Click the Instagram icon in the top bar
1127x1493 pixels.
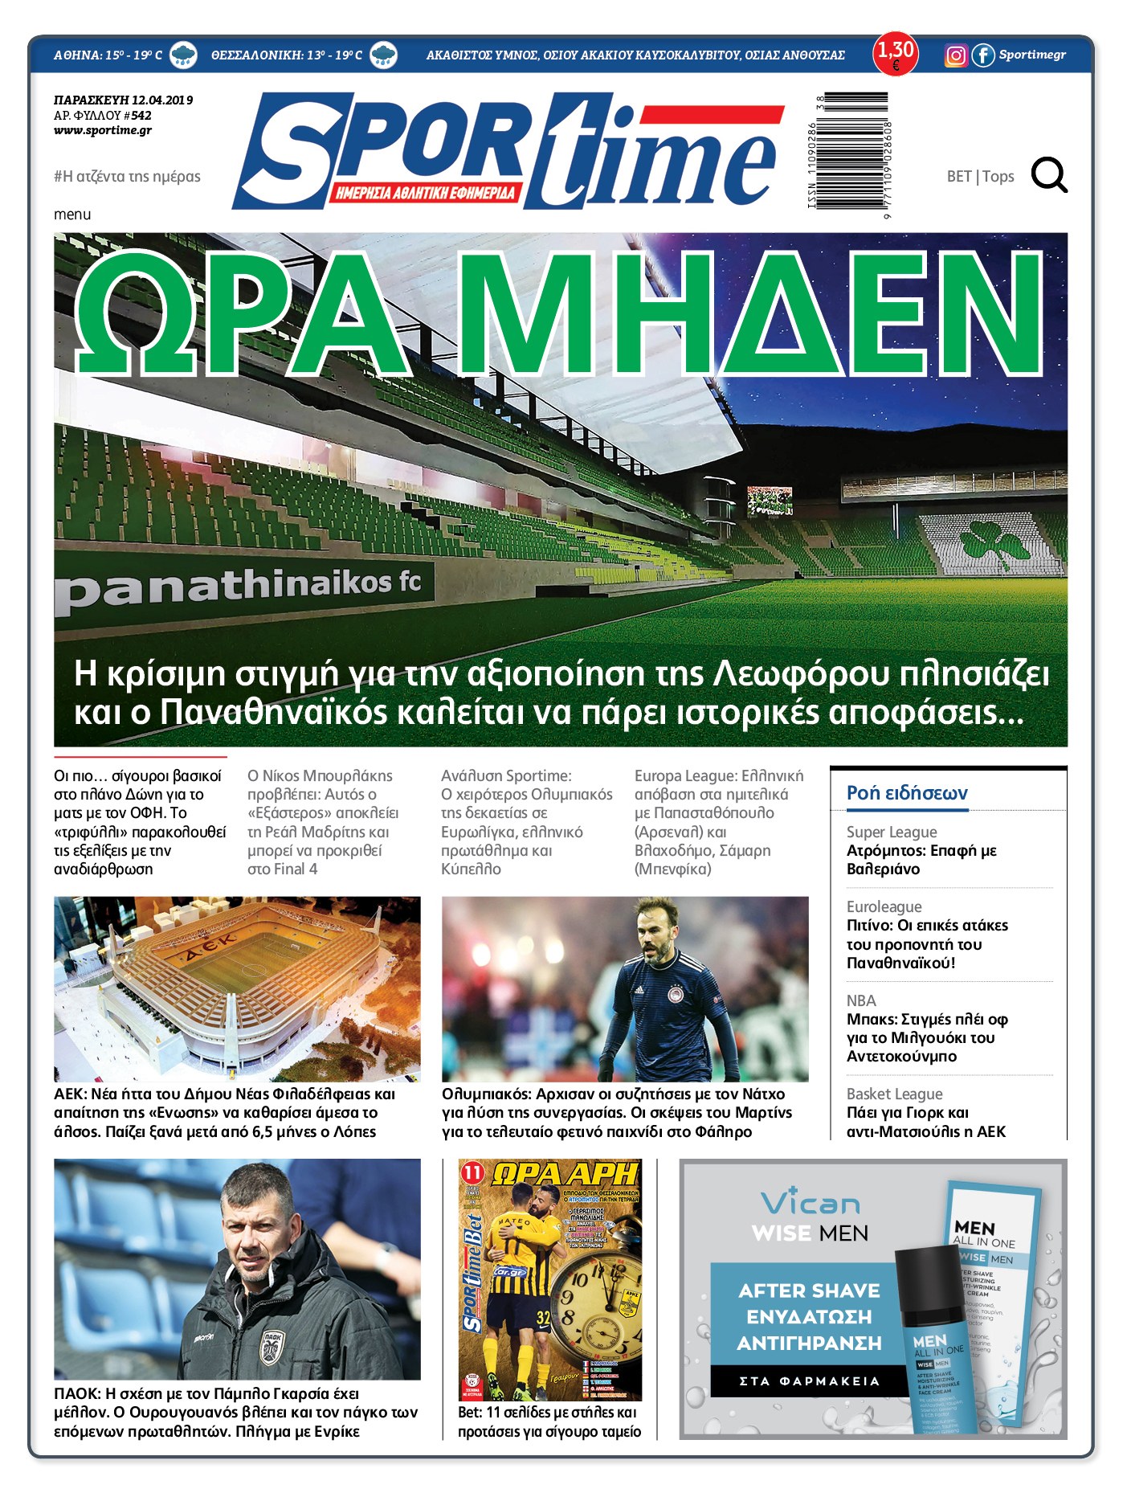pyautogui.click(x=955, y=55)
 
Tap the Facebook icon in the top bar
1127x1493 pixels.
pyautogui.click(x=982, y=55)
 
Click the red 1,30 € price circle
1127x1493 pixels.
pyautogui.click(x=895, y=54)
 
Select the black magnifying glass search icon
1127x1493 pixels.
pyautogui.click(x=1049, y=175)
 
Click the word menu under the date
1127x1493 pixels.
pyautogui.click(x=72, y=215)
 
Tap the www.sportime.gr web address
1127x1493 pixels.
pyautogui.click(x=103, y=130)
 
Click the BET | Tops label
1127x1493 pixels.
pyautogui.click(x=980, y=176)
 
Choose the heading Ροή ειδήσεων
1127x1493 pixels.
pyautogui.click(x=907, y=793)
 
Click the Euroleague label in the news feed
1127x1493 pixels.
pyautogui.click(x=884, y=906)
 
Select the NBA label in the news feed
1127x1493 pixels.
pyautogui.click(x=861, y=1000)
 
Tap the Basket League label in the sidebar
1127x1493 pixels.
pyautogui.click(x=894, y=1094)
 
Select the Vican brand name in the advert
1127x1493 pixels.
pyautogui.click(x=810, y=1203)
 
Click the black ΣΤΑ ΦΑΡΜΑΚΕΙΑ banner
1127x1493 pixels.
pyautogui.click(x=809, y=1381)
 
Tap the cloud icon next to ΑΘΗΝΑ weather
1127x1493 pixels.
pyautogui.click(x=184, y=55)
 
